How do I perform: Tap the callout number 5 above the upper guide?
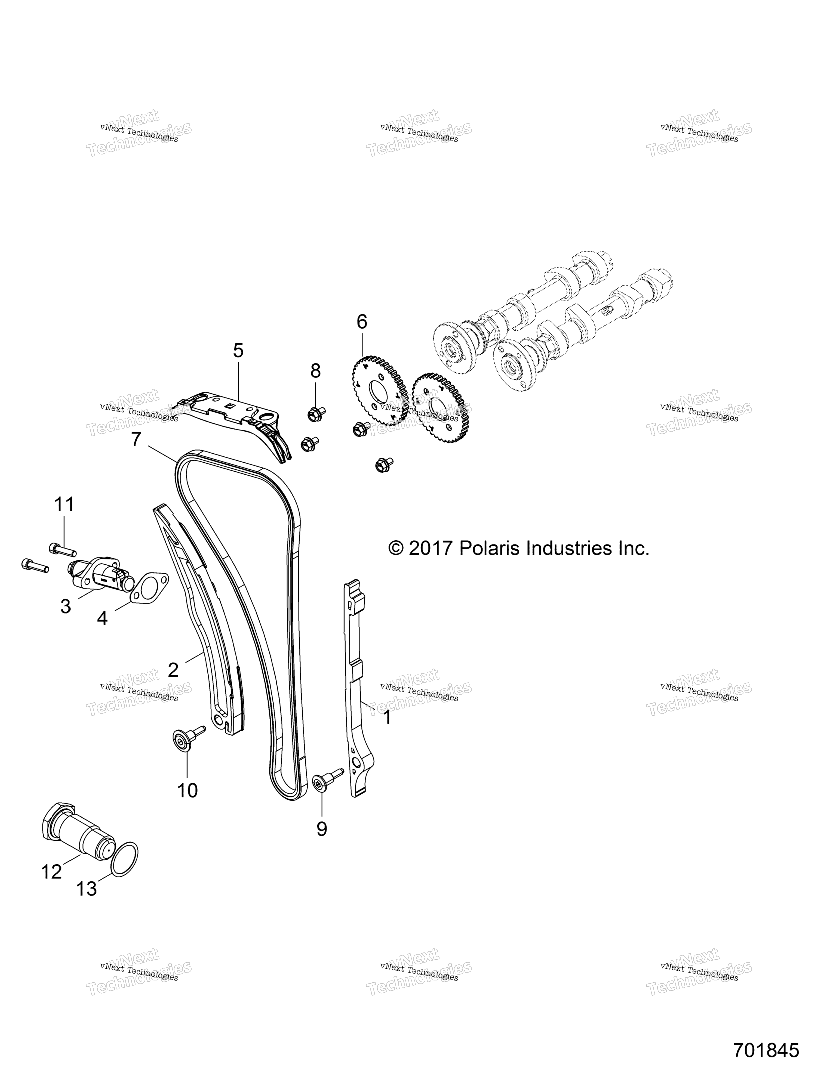[x=238, y=351]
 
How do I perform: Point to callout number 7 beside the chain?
[x=136, y=439]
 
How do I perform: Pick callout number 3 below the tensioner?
[x=65, y=606]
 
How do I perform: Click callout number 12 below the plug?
[x=52, y=872]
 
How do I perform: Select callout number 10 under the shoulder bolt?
[x=188, y=790]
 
